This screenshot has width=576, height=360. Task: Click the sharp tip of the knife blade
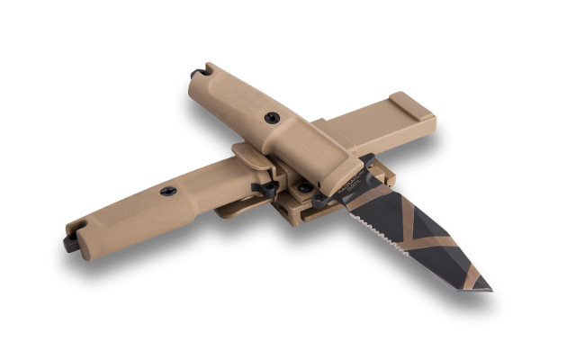489,290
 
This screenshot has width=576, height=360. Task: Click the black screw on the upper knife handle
271,117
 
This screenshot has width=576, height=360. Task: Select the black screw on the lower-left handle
168,191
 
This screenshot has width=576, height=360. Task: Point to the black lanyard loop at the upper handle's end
198,73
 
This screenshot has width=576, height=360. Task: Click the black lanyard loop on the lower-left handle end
71,242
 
